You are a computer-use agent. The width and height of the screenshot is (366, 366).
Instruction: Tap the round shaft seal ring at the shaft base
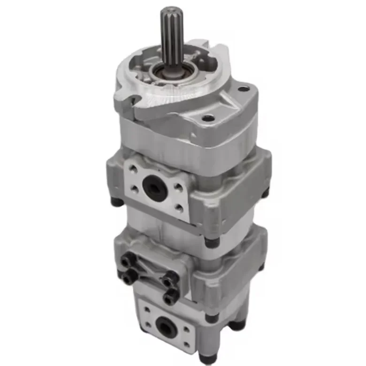170,72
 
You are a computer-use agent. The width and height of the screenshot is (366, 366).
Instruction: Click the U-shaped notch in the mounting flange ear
134,99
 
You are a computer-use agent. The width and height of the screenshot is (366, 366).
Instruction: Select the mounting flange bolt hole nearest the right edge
243,89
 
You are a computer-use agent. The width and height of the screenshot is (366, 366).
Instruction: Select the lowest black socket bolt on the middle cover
170,295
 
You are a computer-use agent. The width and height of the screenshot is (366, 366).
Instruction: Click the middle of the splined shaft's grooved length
171,38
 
